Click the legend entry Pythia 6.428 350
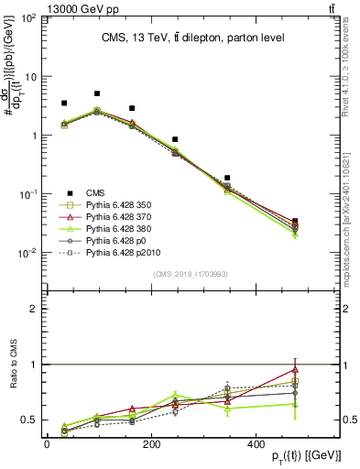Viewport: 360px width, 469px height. (x=119, y=206)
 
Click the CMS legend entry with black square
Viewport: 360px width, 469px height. (x=96, y=191)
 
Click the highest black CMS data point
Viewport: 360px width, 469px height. (x=97, y=93)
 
